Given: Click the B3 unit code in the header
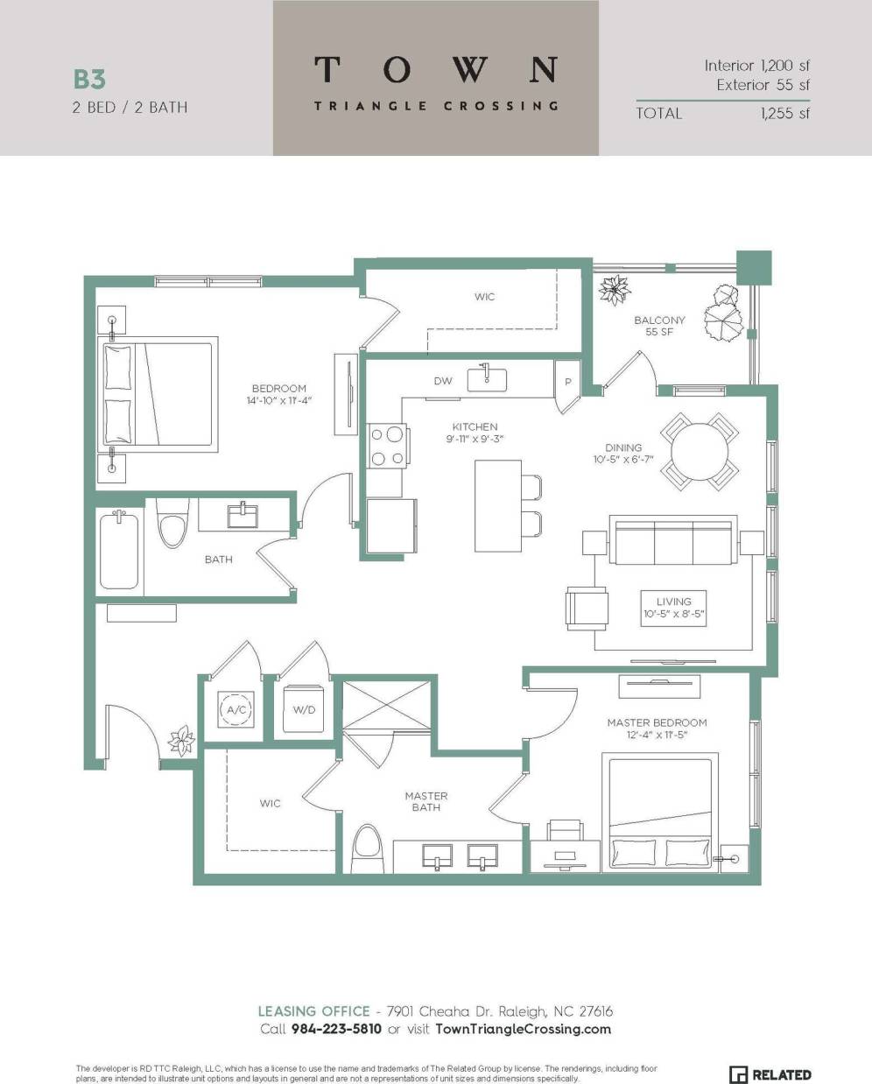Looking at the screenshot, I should pyautogui.click(x=89, y=79).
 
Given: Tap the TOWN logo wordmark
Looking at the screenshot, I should pyautogui.click(x=435, y=70).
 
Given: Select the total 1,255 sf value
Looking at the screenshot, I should pyautogui.click(x=784, y=113).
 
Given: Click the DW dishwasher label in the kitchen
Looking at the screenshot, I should pyautogui.click(x=443, y=381).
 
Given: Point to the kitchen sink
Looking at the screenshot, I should pyautogui.click(x=487, y=378).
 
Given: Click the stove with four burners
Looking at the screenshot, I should pyautogui.click(x=386, y=445).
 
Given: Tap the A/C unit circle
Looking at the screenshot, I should pyautogui.click(x=236, y=710).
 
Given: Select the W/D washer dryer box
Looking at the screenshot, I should pyautogui.click(x=304, y=709).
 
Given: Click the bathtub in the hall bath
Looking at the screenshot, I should pyautogui.click(x=120, y=552).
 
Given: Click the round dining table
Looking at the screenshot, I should pyautogui.click(x=698, y=452).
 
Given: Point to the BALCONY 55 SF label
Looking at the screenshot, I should pyautogui.click(x=659, y=326).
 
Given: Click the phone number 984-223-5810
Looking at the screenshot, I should pyautogui.click(x=336, y=1029).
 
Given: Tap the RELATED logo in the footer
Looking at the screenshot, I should pyautogui.click(x=770, y=1074).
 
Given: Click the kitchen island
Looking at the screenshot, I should pyautogui.click(x=491, y=506).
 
